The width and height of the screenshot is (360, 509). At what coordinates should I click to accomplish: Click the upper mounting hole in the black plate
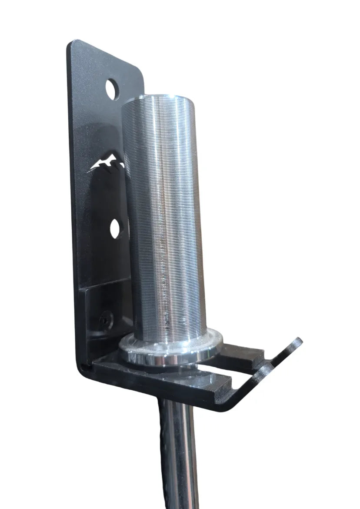point(112,88)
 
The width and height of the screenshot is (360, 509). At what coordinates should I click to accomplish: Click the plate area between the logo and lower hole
point(104,196)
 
